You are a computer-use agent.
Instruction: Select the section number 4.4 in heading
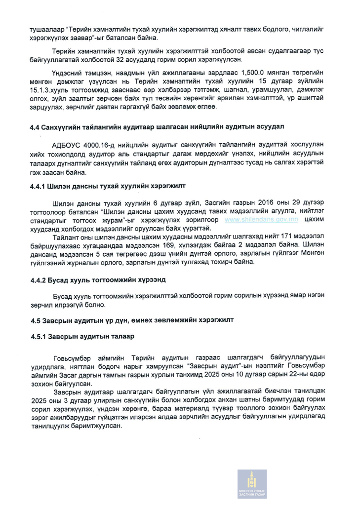click(34, 127)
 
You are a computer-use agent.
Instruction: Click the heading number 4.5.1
click(38, 336)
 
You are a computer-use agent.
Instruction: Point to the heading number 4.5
click(34, 320)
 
